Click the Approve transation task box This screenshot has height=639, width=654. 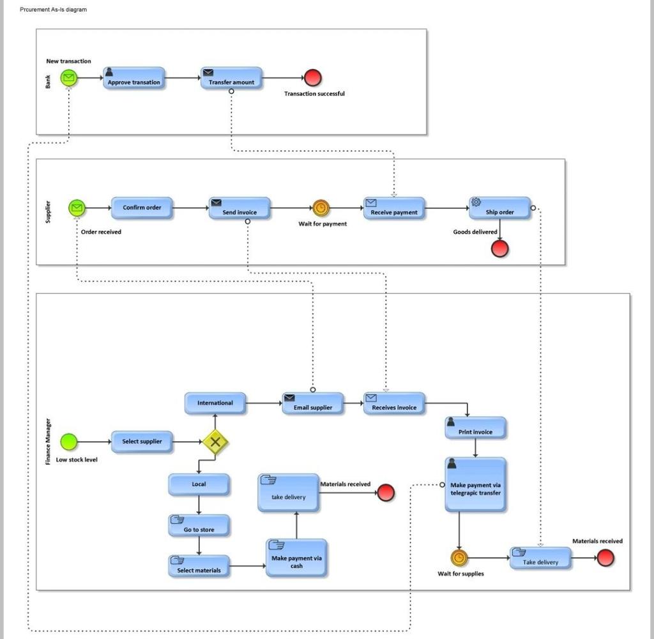click(134, 79)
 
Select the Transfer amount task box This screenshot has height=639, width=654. click(231, 79)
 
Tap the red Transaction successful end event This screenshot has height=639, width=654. click(312, 78)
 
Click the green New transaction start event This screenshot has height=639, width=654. click(69, 78)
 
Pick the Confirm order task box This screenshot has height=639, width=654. click(142, 208)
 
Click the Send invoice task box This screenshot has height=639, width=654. click(240, 209)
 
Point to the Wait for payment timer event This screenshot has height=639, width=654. click(321, 208)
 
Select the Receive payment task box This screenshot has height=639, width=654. click(394, 209)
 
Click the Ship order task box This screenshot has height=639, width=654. click(499, 209)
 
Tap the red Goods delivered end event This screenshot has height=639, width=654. click(500, 249)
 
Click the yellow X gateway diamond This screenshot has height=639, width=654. click(215, 442)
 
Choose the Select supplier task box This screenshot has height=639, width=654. click(142, 442)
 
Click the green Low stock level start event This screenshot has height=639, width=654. click(69, 442)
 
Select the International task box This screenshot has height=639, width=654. click(215, 403)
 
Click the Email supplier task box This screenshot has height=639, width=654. click(313, 404)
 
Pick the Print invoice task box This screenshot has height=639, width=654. click(476, 428)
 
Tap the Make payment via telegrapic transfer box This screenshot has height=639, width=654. click(476, 485)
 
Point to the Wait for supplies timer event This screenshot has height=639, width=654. click(459, 558)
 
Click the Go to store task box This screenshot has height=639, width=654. click(199, 526)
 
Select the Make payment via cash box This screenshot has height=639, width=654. click(296, 558)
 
